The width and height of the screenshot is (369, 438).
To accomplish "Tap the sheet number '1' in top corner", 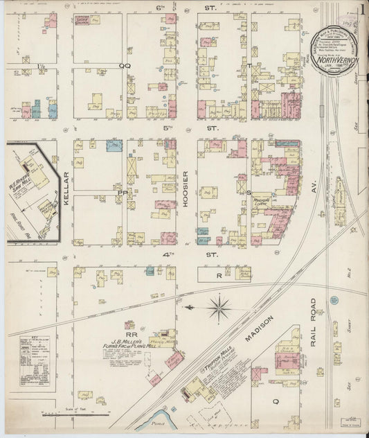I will tap(361, 10).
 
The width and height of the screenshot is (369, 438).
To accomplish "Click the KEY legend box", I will tap(35, 360).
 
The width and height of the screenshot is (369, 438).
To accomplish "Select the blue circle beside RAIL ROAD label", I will tap(334, 301).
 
